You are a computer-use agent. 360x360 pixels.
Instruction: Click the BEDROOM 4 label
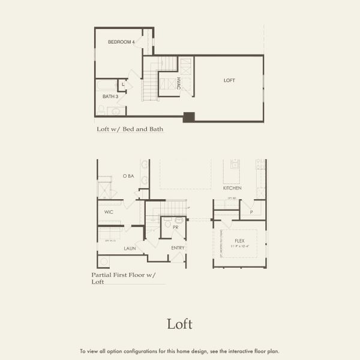121,42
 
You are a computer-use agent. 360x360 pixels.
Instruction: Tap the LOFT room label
229,80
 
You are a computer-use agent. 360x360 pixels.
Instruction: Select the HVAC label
179,83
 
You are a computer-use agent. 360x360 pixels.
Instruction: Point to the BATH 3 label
109,96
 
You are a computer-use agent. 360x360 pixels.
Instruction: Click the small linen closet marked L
123,85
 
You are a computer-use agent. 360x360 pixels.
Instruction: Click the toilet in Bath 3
101,110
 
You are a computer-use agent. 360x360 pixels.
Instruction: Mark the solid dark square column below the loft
188,117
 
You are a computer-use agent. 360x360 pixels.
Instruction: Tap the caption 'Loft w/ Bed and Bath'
130,129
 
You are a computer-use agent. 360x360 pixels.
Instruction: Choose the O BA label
128,176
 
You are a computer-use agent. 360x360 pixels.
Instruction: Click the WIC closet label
109,212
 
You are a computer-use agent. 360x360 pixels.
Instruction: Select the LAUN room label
130,248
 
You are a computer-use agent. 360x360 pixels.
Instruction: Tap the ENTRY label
178,248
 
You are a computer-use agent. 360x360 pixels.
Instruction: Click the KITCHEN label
232,188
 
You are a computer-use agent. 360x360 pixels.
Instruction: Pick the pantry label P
251,212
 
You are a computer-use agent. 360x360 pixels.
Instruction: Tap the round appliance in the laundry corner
104,262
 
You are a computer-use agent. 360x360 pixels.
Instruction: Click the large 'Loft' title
179,324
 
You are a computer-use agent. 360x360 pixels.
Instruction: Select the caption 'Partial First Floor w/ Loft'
123,278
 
